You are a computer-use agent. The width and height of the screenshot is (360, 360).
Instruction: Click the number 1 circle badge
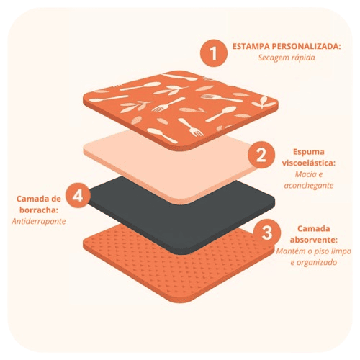pyautogui.click(x=214, y=53)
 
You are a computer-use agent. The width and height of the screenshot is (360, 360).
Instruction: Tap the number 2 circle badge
pyautogui.click(x=261, y=155)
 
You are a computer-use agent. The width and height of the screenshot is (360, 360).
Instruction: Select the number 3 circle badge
pyautogui.click(x=267, y=232)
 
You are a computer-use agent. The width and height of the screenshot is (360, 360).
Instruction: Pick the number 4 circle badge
pyautogui.click(x=78, y=195)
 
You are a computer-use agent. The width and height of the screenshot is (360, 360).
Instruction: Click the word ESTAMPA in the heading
pyautogui.click(x=251, y=46)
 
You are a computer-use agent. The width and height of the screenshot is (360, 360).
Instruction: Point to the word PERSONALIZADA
pyautogui.click(x=306, y=46)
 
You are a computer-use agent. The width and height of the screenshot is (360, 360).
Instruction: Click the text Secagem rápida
pyautogui.click(x=287, y=58)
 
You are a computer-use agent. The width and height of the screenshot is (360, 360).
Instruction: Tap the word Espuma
pyautogui.click(x=309, y=152)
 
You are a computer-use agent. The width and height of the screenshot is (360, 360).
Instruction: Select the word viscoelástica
pyautogui.click(x=309, y=163)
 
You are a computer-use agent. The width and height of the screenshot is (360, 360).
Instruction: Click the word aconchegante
pyautogui.click(x=309, y=186)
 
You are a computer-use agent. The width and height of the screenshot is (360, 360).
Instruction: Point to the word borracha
pyautogui.click(x=39, y=210)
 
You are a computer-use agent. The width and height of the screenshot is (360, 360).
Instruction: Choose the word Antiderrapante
pyautogui.click(x=39, y=221)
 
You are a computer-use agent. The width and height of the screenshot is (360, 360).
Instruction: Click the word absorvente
pyautogui.click(x=314, y=240)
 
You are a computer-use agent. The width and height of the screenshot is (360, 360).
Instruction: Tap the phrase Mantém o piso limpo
pyautogui.click(x=314, y=251)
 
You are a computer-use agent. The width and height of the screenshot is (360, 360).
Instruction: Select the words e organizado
pyautogui.click(x=314, y=262)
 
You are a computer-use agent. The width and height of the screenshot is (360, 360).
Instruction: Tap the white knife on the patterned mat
pyautogui.click(x=181, y=77)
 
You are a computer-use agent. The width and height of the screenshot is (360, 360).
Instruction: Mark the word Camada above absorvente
pyautogui.click(x=314, y=229)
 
